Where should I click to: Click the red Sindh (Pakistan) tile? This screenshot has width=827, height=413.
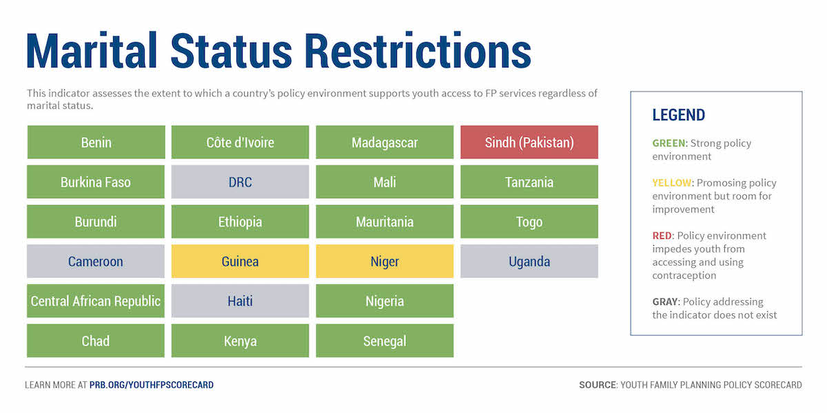pos(529,142)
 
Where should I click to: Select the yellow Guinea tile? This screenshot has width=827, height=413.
pos(240,261)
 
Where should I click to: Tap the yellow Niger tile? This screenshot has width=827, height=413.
pos(385,261)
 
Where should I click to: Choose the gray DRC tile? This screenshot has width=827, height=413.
pos(240,182)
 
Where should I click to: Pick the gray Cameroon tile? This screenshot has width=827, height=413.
pos(96,261)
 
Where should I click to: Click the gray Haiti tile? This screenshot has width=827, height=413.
pos(240,301)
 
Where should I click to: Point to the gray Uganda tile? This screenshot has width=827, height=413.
pos(529,261)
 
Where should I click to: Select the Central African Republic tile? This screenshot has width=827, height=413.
pos(96,301)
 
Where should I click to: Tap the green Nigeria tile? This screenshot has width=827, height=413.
pos(385,301)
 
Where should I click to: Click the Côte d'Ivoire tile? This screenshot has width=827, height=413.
pos(240,142)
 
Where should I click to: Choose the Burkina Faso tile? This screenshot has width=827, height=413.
pos(96,182)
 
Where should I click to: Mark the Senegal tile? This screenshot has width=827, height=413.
pos(385,341)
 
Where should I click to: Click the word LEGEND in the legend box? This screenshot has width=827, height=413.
pos(679,115)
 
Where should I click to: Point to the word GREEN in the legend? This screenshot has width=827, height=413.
pos(668,143)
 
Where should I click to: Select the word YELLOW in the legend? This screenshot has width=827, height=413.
pos(671,183)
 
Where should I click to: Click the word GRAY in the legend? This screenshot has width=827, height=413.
pos(665,301)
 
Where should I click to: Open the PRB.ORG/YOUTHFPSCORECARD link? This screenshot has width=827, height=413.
pos(152,385)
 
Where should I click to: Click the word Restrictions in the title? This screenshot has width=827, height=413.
pos(418,51)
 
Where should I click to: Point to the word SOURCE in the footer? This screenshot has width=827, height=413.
pos(598,385)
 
